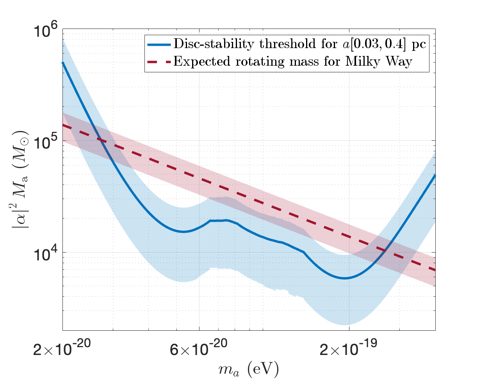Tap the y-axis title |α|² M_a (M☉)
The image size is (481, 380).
[20, 180]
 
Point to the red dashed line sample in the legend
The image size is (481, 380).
[159, 62]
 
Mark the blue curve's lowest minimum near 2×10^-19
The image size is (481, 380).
[345, 278]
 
